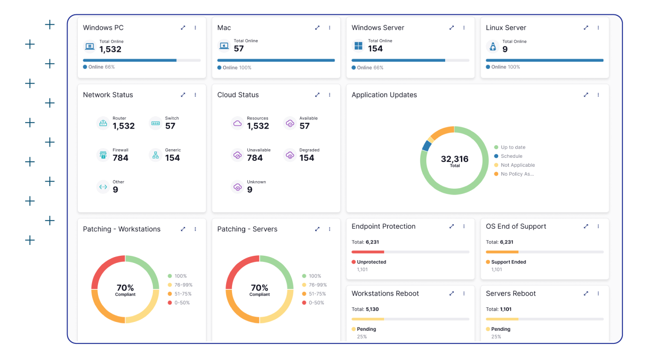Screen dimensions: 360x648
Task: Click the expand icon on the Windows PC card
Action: click(x=183, y=28)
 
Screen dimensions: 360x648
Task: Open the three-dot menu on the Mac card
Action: click(x=330, y=28)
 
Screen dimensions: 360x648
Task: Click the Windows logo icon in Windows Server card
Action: click(x=358, y=46)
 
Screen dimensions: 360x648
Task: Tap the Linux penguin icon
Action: click(x=493, y=46)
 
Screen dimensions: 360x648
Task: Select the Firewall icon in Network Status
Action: click(x=103, y=155)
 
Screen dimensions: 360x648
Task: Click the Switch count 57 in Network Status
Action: click(x=170, y=126)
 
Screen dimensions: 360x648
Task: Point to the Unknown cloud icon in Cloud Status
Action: click(x=237, y=187)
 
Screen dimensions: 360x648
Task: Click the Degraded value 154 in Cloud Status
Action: click(x=307, y=158)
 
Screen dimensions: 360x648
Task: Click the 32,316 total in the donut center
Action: click(x=455, y=159)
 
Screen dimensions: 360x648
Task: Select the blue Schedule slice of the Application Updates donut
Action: click(x=426, y=146)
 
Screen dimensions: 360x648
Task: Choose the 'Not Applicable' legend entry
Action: click(x=518, y=165)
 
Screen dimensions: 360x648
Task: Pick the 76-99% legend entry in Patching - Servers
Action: click(x=317, y=285)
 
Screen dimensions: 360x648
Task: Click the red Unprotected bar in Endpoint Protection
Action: click(x=368, y=252)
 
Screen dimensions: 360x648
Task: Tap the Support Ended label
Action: click(x=509, y=262)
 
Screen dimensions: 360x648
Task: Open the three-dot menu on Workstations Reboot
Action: click(x=464, y=293)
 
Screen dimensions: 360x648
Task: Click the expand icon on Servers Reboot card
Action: click(x=586, y=293)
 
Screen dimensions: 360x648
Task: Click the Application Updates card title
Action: click(x=384, y=95)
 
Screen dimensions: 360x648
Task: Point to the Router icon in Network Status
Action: click(x=103, y=123)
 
